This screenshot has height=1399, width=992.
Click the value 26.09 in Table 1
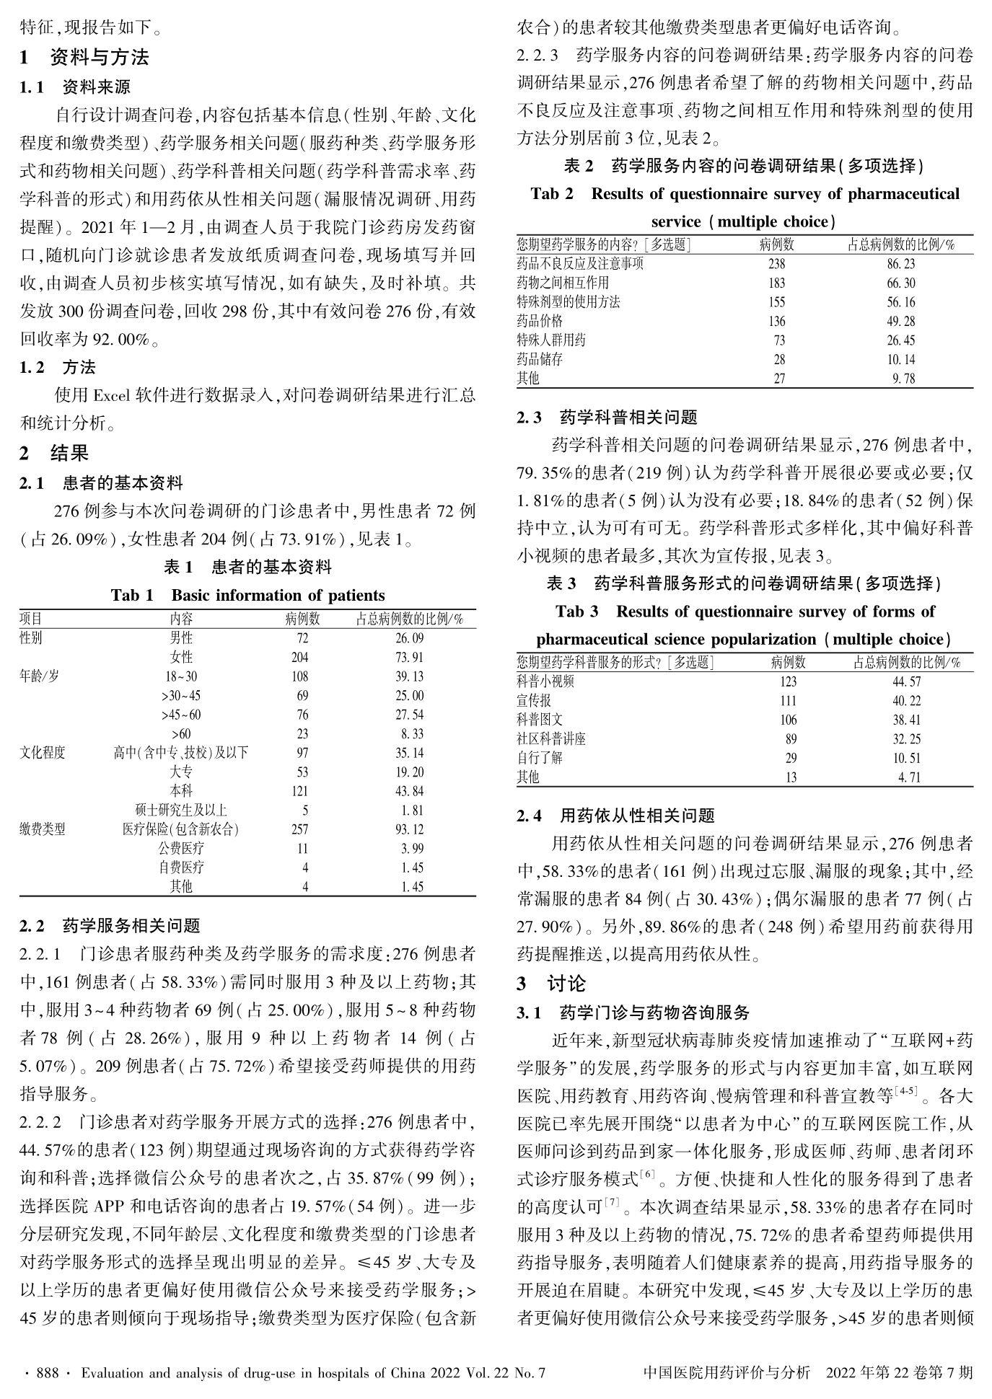(409, 638)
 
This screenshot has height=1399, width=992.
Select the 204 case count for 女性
(299, 657)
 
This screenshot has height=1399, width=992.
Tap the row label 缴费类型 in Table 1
(43, 829)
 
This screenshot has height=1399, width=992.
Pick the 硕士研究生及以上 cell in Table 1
(181, 810)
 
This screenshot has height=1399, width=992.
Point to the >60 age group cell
(181, 734)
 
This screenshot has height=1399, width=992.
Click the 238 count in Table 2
(776, 264)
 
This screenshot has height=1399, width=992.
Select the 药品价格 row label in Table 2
(540, 321)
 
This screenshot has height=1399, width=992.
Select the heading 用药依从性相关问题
(637, 816)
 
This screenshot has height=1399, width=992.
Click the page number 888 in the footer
(47, 1373)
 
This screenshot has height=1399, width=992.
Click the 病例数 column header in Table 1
(303, 619)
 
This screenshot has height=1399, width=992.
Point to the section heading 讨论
(566, 984)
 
